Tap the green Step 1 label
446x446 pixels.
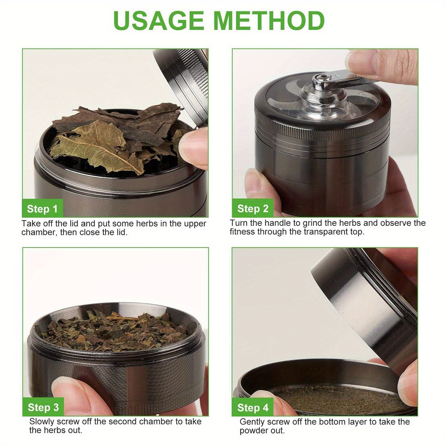pos(42,209)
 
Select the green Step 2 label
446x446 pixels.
pos(253,209)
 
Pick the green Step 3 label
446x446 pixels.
pos(43,407)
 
